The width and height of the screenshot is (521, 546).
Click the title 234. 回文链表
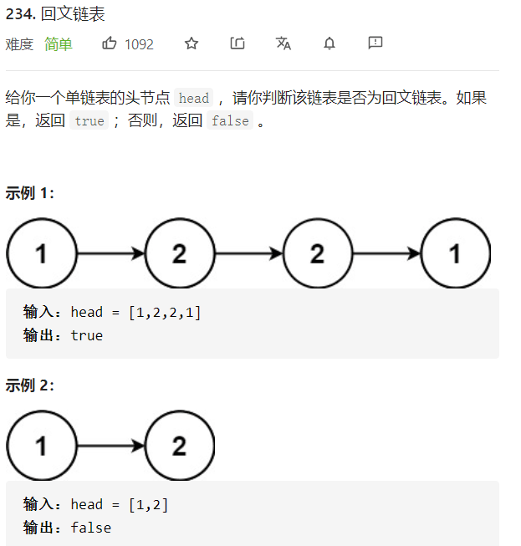(55, 15)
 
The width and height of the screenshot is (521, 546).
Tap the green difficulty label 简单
(59, 44)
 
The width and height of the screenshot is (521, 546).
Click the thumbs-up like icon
(110, 43)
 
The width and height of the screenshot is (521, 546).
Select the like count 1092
(139, 44)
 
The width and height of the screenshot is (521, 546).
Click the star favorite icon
(192, 43)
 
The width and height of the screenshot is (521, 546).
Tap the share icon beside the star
(238, 43)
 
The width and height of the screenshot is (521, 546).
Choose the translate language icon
(283, 43)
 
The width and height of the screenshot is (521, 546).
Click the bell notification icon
(329, 43)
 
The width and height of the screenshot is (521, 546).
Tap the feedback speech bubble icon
(375, 43)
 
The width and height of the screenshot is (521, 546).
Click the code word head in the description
(194, 99)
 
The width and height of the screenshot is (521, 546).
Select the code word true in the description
(89, 121)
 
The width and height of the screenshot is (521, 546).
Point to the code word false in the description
(230, 121)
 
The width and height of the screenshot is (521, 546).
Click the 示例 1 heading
(30, 193)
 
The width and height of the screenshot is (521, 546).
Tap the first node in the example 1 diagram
(41, 253)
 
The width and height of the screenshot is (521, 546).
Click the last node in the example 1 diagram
(455, 253)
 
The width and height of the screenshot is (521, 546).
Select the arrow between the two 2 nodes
(248, 253)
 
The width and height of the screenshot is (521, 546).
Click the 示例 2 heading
(30, 385)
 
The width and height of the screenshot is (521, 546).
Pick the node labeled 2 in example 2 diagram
(179, 446)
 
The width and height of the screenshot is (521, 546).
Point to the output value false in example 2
(91, 528)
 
